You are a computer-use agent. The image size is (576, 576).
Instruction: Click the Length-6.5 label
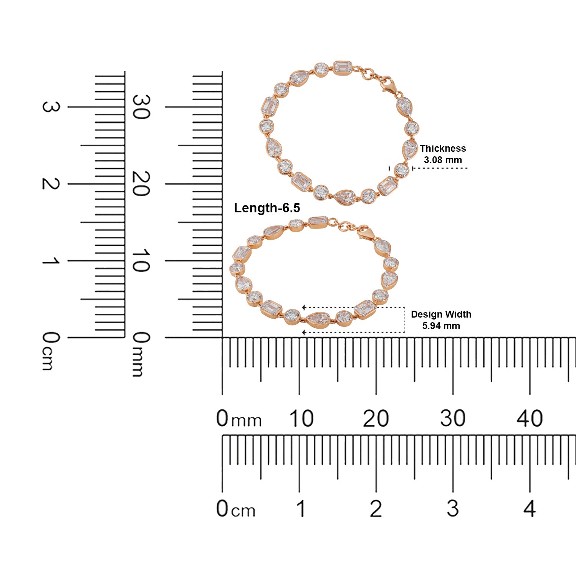point(267,208)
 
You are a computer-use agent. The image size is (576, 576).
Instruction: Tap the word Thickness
point(442,148)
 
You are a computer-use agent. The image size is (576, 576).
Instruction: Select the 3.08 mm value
point(442,160)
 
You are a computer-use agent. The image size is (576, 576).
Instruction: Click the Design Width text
point(441,314)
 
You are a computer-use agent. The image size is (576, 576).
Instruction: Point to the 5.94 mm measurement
point(441,326)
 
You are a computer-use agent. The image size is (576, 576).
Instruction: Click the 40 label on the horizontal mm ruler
point(529,418)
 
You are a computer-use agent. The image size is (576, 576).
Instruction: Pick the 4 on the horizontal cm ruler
point(529,509)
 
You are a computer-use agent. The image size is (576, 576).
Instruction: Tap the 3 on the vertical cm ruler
point(50,107)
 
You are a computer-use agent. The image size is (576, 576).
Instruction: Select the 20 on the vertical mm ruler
point(141,184)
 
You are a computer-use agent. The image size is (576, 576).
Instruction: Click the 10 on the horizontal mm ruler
point(301,418)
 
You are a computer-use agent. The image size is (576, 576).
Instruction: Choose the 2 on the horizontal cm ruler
point(376,509)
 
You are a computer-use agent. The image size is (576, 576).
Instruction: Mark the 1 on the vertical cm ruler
point(50,261)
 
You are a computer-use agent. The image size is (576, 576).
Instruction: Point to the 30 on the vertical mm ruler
point(141,107)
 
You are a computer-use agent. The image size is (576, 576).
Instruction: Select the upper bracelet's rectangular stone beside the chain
point(343,68)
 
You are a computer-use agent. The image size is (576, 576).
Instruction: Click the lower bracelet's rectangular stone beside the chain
point(318,221)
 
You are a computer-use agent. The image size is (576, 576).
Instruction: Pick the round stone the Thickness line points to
point(402,170)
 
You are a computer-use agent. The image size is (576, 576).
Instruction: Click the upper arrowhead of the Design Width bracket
point(304,307)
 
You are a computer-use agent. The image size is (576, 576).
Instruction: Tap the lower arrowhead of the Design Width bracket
point(304,332)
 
